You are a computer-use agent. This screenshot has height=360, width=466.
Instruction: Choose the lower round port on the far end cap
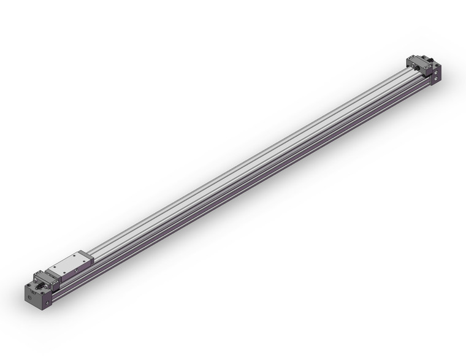[x=436, y=79]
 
